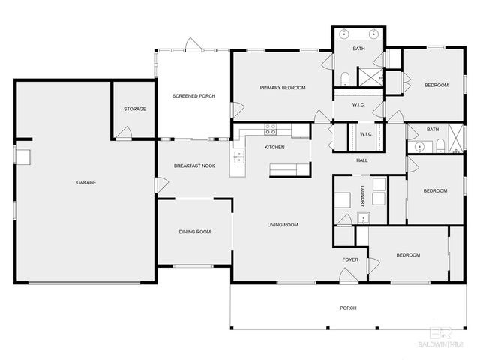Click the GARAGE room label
coord(86,182)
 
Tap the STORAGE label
coord(135,109)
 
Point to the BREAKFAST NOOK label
coord(194,166)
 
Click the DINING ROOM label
coord(194,232)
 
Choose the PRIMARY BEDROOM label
coord(283,88)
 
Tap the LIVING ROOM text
coord(283,225)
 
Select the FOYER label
coord(350,259)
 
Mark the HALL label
coord(361,160)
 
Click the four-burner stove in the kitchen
coord(270,129)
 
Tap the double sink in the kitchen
coord(239,157)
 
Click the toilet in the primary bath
coord(344,79)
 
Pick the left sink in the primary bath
coord(344,34)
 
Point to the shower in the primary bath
coord(369,77)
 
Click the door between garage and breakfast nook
coord(158,184)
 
